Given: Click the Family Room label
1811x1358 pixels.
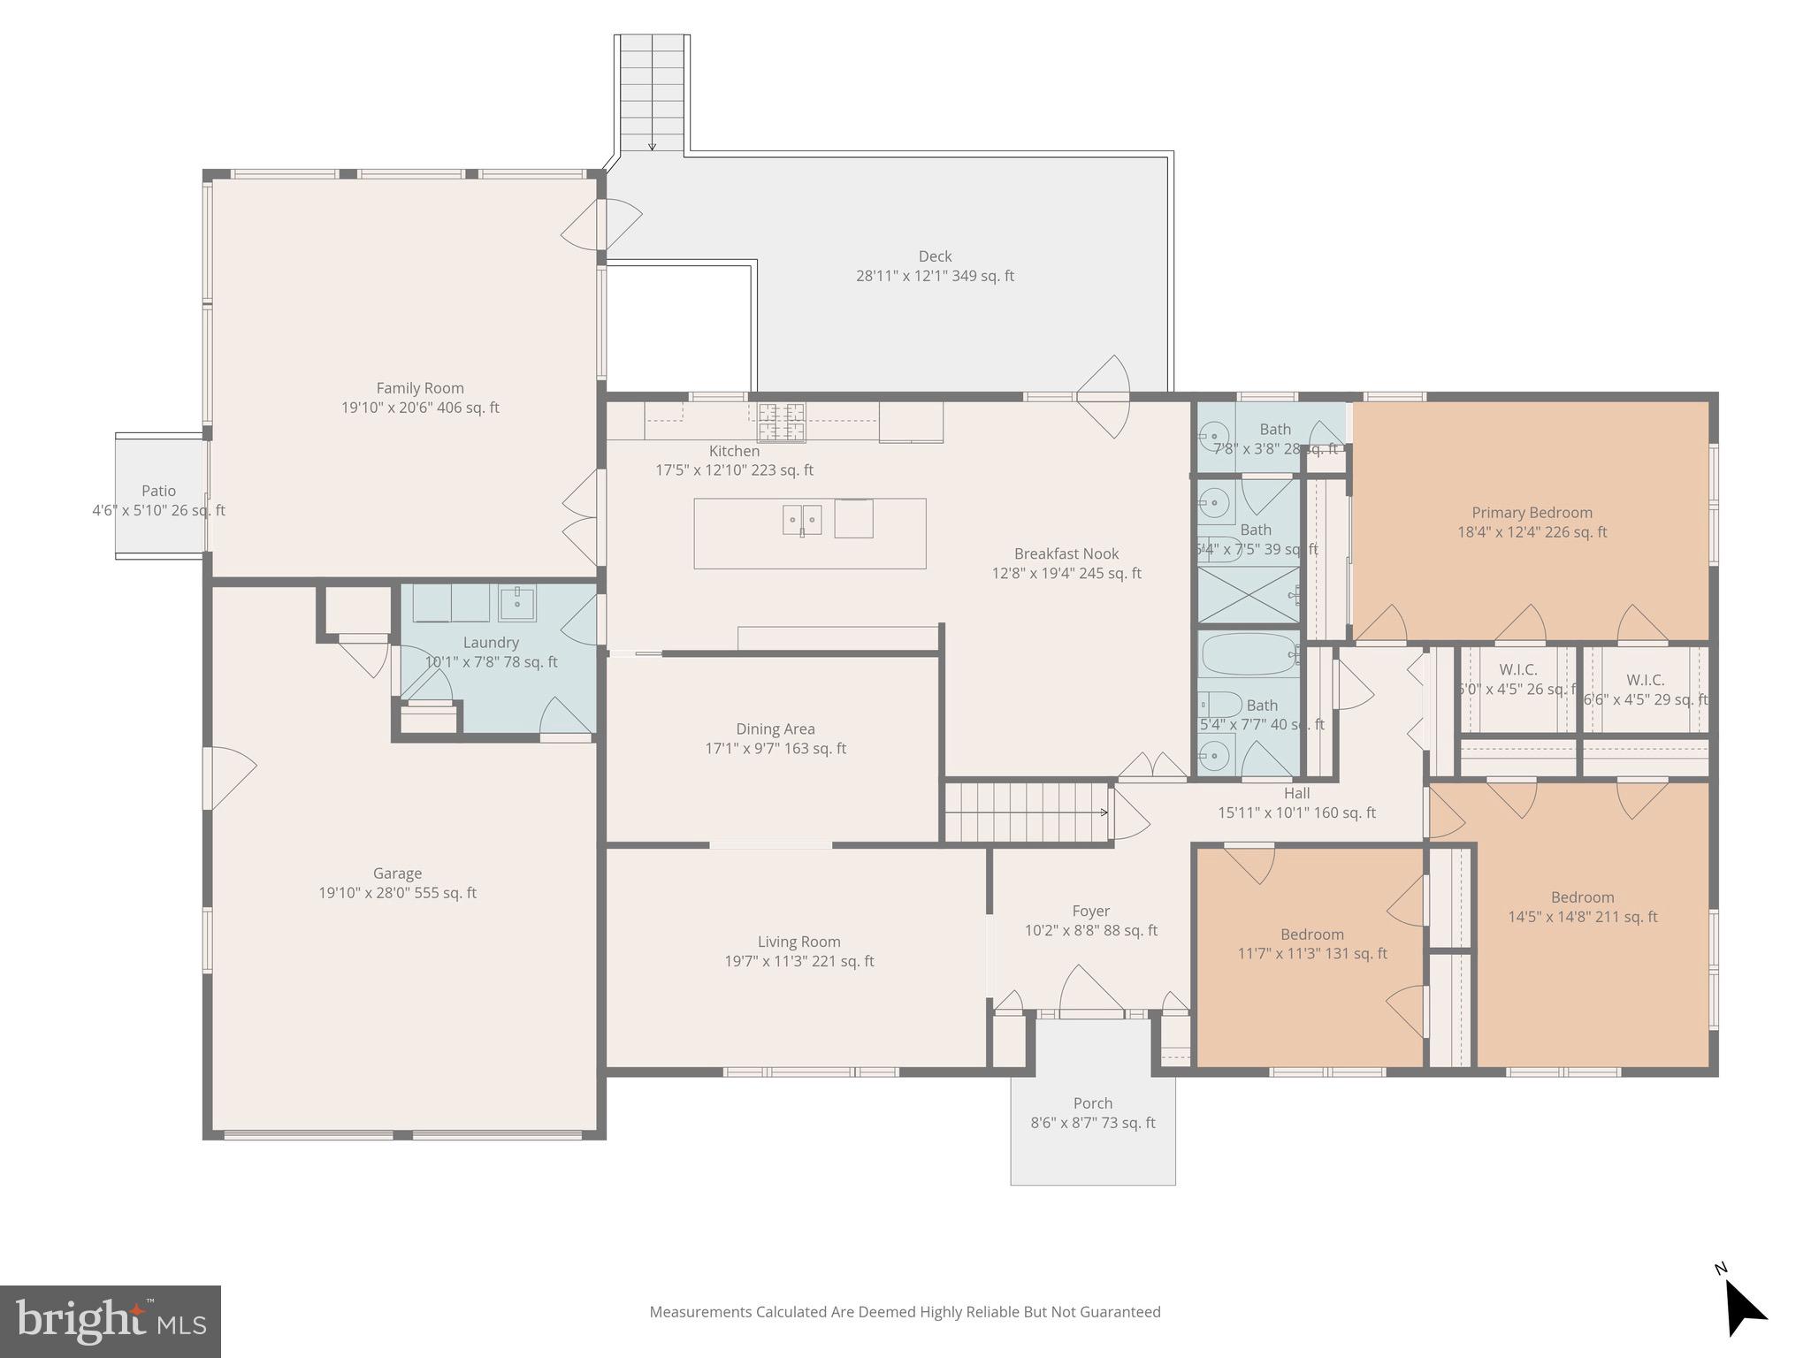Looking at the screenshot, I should click(420, 388).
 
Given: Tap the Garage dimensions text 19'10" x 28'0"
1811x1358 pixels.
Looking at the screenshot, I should click(397, 893).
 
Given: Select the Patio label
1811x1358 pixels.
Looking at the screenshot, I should click(159, 491).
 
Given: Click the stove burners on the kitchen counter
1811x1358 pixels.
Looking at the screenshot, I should click(782, 422).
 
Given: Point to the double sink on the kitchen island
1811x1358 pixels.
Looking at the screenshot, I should click(802, 520).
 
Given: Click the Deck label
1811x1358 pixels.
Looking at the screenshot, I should click(935, 256).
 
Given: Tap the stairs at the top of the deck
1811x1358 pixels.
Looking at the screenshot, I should click(653, 93).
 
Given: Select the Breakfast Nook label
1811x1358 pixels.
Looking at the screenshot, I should click(1066, 554).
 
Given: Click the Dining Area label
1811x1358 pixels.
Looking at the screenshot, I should click(776, 729).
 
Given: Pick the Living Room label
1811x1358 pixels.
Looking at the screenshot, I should click(799, 942).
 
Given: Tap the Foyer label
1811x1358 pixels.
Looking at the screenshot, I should click(1090, 912).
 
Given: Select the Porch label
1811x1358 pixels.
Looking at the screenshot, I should click(1093, 1103).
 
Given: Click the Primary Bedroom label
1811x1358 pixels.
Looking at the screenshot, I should click(1532, 513).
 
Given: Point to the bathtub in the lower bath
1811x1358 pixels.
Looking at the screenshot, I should click(1248, 654).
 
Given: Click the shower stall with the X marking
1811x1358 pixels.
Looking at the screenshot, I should click(1248, 595).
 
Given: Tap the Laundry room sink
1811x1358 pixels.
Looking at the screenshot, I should click(516, 604).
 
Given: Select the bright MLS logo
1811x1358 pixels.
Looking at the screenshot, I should click(111, 1321).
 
